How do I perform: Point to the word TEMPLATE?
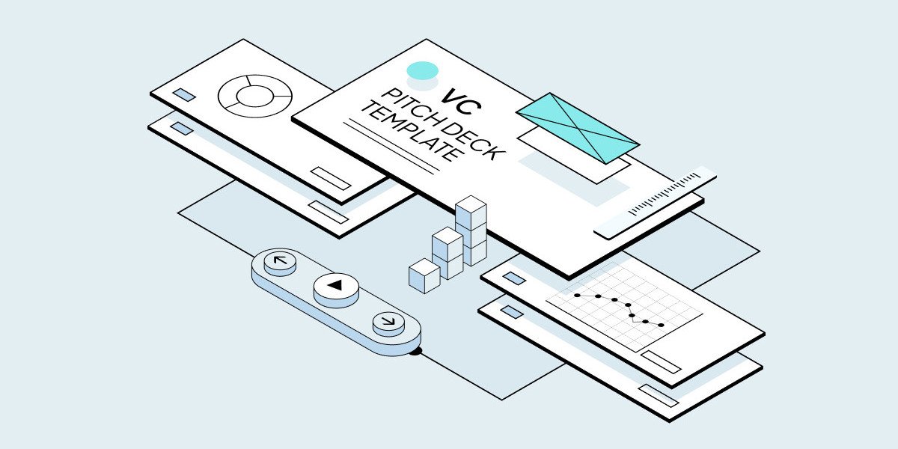coord(413,132)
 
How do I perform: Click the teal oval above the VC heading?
coord(423,71)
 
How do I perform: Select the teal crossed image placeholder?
coord(577,128)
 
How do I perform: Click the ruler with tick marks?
coord(655,203)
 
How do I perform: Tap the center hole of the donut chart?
coord(255,97)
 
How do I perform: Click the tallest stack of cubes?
coord(471,230)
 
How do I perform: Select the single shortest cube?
coord(424,276)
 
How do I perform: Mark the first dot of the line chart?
coord(577,296)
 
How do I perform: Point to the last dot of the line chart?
coord(661,325)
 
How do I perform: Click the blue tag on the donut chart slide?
coord(184,94)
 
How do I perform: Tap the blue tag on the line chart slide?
coord(514,278)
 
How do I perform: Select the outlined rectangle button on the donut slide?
coord(331,178)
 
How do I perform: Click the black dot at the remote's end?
coord(417,352)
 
